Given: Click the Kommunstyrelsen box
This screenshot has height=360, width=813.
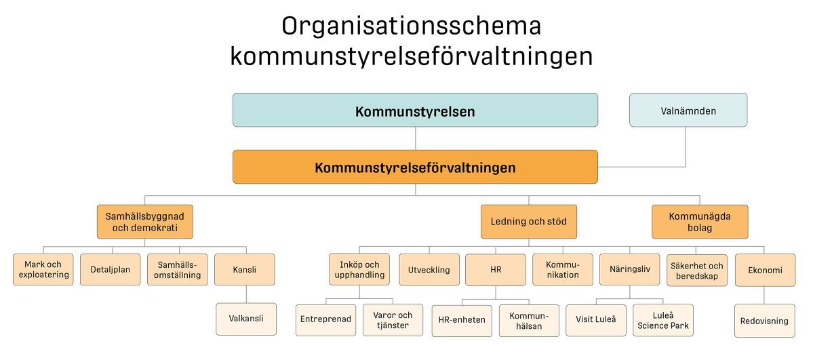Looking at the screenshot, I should (x=415, y=111).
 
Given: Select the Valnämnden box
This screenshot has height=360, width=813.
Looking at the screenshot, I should (x=688, y=111).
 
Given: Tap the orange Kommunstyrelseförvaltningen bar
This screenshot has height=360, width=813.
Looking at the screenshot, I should (x=415, y=167).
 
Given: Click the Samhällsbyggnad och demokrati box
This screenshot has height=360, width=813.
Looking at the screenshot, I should (x=144, y=222).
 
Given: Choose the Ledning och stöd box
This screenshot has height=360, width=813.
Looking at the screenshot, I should (x=528, y=222).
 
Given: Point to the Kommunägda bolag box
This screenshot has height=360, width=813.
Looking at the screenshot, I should (x=700, y=222).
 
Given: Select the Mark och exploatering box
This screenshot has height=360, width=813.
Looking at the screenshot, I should (x=43, y=269).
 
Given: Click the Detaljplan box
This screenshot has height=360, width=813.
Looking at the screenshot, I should (x=110, y=270).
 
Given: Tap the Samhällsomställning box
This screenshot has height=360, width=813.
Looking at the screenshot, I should (x=177, y=270).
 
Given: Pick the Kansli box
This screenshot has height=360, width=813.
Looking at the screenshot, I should (x=244, y=270).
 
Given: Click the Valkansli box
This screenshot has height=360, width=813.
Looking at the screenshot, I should (x=246, y=319).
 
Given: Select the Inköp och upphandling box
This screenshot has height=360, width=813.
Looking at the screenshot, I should (x=359, y=270).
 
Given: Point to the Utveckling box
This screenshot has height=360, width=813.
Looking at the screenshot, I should (x=429, y=270).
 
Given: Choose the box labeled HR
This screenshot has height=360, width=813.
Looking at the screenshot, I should (x=495, y=270).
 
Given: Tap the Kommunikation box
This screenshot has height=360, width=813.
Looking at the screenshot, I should (x=562, y=270).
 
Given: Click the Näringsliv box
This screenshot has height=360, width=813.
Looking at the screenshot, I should (x=629, y=269).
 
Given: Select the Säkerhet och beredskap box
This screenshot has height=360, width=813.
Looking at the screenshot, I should (x=696, y=270).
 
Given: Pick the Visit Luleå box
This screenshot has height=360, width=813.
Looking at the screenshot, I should (x=595, y=319).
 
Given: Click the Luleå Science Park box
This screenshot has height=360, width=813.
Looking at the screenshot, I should (x=662, y=320).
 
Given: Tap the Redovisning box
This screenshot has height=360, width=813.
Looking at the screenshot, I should (x=764, y=321).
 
